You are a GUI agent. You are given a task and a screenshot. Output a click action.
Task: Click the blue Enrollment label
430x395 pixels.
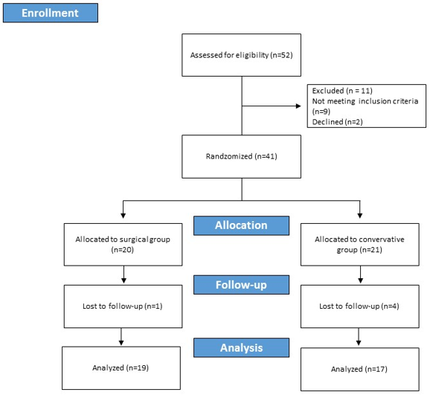point(51,13)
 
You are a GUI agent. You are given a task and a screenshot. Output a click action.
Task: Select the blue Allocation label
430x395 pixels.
point(241,225)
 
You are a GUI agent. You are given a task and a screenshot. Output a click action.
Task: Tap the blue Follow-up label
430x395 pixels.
point(241,285)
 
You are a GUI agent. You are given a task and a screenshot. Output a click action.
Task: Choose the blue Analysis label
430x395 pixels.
point(241,347)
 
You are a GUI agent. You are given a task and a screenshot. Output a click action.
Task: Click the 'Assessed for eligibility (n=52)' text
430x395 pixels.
point(241,55)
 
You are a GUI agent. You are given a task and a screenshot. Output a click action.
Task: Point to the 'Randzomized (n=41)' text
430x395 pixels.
point(241,156)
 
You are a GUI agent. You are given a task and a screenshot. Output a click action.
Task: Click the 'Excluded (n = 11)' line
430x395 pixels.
point(342,91)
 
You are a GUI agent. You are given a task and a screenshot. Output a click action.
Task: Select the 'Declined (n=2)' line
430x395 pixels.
point(337,122)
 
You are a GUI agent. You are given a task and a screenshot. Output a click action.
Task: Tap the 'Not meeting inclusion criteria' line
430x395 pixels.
point(365,101)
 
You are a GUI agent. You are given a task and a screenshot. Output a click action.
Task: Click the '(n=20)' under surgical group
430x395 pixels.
point(122,250)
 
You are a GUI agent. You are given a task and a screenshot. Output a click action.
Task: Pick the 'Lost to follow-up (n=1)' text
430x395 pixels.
point(123,306)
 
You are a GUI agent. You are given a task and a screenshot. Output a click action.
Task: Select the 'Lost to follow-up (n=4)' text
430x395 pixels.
point(359,306)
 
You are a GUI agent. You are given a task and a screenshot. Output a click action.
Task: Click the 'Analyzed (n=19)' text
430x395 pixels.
point(121,367)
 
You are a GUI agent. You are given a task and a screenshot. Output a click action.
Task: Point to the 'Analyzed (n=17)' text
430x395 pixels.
point(359,369)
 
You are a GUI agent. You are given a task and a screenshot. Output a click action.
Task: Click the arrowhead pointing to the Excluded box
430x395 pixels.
point(298,106)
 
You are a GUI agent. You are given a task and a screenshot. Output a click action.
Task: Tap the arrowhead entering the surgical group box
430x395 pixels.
point(123,216)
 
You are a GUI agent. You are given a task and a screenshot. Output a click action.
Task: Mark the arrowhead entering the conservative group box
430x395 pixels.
point(360,216)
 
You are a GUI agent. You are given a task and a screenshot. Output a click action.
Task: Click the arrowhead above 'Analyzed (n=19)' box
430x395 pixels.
point(121,343)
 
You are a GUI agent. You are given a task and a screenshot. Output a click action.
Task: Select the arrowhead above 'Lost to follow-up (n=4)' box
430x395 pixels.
point(360,280)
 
